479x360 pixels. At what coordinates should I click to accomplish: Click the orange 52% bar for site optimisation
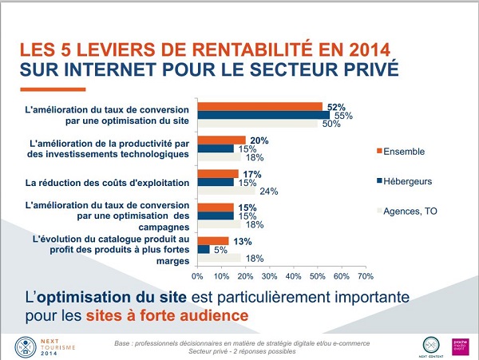coord(260,106)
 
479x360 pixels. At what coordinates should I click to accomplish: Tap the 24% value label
coord(269,192)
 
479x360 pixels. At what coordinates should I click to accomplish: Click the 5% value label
coord(220,249)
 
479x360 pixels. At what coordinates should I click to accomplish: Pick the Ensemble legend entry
coord(403,152)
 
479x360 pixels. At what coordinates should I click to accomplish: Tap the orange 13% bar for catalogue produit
coord(213,240)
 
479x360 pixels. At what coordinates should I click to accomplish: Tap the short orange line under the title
coord(51,88)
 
